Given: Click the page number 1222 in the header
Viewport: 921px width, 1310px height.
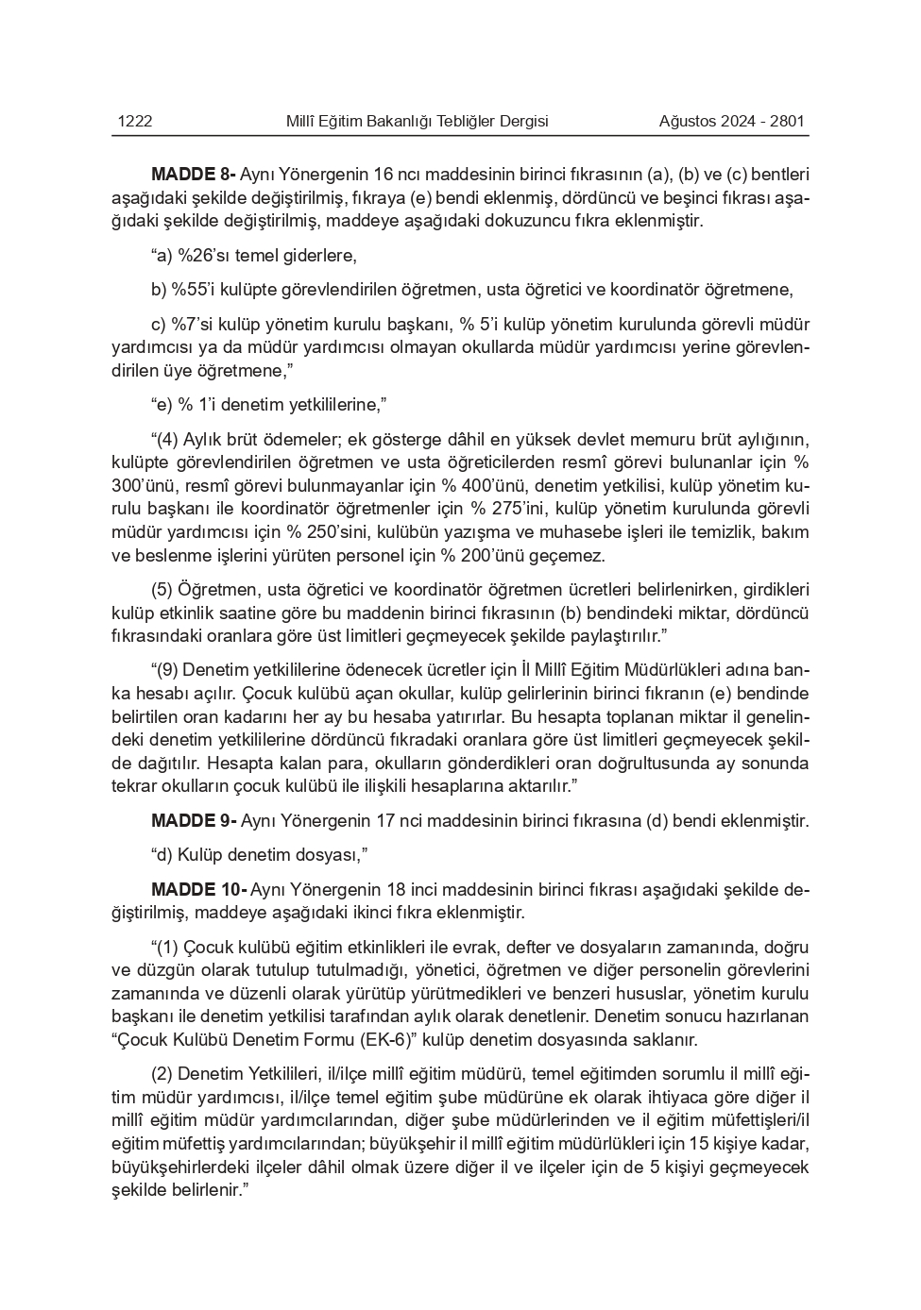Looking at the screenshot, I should click(x=135, y=121).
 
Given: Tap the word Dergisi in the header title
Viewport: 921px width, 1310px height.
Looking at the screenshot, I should click(x=520, y=121).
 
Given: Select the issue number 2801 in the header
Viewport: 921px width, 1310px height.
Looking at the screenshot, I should click(x=787, y=121).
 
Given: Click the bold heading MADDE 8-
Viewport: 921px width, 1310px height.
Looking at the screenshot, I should click(x=193, y=175).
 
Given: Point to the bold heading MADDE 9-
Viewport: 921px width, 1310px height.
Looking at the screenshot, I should click(x=193, y=821).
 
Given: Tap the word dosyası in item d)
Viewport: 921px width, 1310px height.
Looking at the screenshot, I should click(x=327, y=855).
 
